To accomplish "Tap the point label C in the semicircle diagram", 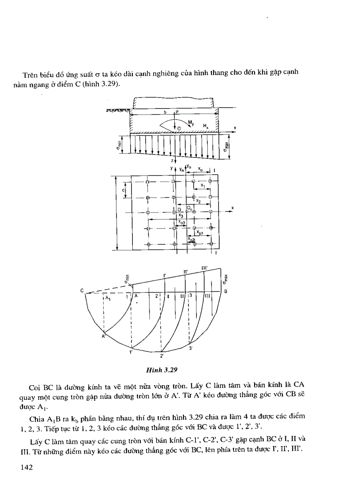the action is click(82, 290).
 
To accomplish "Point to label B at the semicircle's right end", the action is click(225, 291).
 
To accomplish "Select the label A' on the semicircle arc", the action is click(103, 336).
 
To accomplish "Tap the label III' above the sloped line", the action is click(205, 268).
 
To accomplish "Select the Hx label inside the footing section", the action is click(206, 126).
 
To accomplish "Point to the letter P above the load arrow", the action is click(176, 112).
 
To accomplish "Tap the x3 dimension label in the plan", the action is click(181, 216).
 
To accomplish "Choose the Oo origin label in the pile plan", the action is click(189, 207).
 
